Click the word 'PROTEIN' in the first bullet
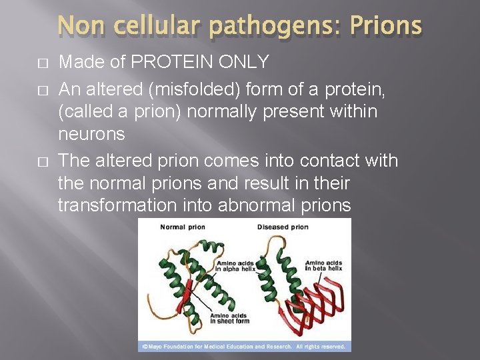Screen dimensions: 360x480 (x=169, y=63)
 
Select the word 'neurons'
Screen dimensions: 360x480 (x=91, y=135)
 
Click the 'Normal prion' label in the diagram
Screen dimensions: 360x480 (x=183, y=227)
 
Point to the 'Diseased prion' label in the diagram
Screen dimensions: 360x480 (x=283, y=227)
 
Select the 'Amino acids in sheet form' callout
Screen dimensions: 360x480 (x=229, y=319)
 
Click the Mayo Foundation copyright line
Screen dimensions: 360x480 (x=244, y=347)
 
